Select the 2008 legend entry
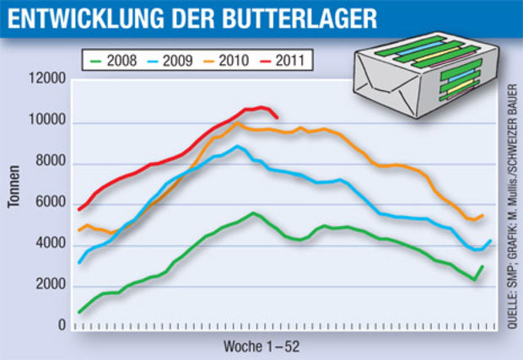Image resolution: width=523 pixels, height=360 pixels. coord(115,61)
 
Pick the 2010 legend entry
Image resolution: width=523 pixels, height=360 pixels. coord(225,61)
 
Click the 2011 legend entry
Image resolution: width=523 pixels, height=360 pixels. coord(280,61)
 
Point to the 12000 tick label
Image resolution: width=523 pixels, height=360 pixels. coord(46,80)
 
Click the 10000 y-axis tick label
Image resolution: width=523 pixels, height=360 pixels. coord(46,121)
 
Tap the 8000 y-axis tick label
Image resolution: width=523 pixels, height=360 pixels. coord(49,163)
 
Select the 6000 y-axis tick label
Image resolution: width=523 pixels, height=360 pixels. coord(49,203)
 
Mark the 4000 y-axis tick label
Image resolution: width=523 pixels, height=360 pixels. coord(49,244)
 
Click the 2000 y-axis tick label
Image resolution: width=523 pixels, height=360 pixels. coord(49,286)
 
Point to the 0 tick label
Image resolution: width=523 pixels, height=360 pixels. coord(62,326)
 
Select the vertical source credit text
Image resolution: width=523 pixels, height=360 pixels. coord(514,203)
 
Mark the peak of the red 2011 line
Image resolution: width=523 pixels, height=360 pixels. coord(262,107)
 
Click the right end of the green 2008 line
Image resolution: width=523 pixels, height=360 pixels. coord(483,266)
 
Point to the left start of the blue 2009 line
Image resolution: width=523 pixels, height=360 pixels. coord(79,263)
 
